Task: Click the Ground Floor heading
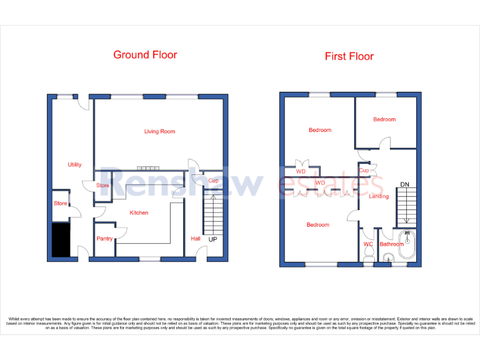[x=145, y=55]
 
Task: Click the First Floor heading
[x=349, y=56]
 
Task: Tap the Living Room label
[x=159, y=131]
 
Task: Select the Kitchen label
[x=139, y=213]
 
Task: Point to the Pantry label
[x=104, y=239]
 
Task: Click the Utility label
[x=74, y=165]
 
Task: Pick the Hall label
[x=195, y=239]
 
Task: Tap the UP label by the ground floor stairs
[x=213, y=239]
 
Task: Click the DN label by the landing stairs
[x=404, y=184]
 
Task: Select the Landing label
[x=379, y=196]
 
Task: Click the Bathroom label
[x=392, y=244]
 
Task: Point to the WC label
[x=368, y=244]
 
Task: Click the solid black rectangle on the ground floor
[x=61, y=240]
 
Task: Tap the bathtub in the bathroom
[x=406, y=245]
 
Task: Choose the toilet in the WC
[x=369, y=252]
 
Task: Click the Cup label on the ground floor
[x=213, y=181]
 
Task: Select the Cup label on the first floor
[x=364, y=170]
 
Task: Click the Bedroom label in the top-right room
[x=384, y=119]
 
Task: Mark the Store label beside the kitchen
[x=102, y=186]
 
